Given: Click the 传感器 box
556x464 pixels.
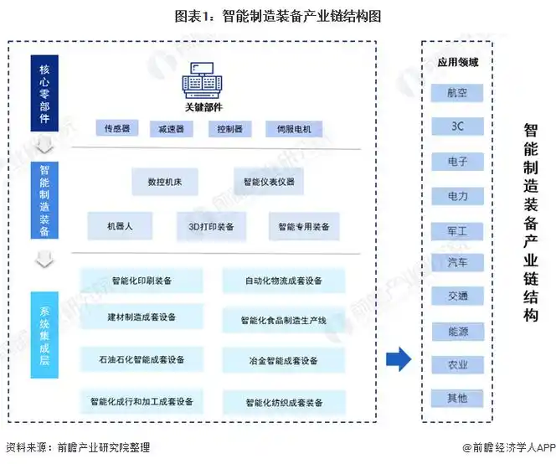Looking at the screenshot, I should (116, 129).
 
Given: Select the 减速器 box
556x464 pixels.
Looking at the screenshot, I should (171, 130).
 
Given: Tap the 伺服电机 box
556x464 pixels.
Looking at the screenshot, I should (288, 130).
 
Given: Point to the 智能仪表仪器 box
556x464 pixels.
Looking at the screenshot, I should (269, 182).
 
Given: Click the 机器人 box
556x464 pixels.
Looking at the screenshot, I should (119, 227).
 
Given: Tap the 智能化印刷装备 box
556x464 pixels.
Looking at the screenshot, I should (142, 281).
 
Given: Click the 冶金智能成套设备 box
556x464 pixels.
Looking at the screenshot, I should (284, 361).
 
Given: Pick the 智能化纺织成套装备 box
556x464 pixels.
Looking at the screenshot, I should (284, 402).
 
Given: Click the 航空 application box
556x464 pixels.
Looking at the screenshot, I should (458, 93).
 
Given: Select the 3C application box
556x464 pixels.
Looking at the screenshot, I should (458, 126).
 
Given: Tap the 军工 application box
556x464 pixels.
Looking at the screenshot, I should (458, 230).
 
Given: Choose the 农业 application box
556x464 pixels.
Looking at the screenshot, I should (458, 364).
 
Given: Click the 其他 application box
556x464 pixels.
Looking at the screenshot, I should (458, 398).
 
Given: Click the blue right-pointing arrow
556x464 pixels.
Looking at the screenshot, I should (399, 360).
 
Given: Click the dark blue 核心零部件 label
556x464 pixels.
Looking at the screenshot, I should (44, 92).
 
